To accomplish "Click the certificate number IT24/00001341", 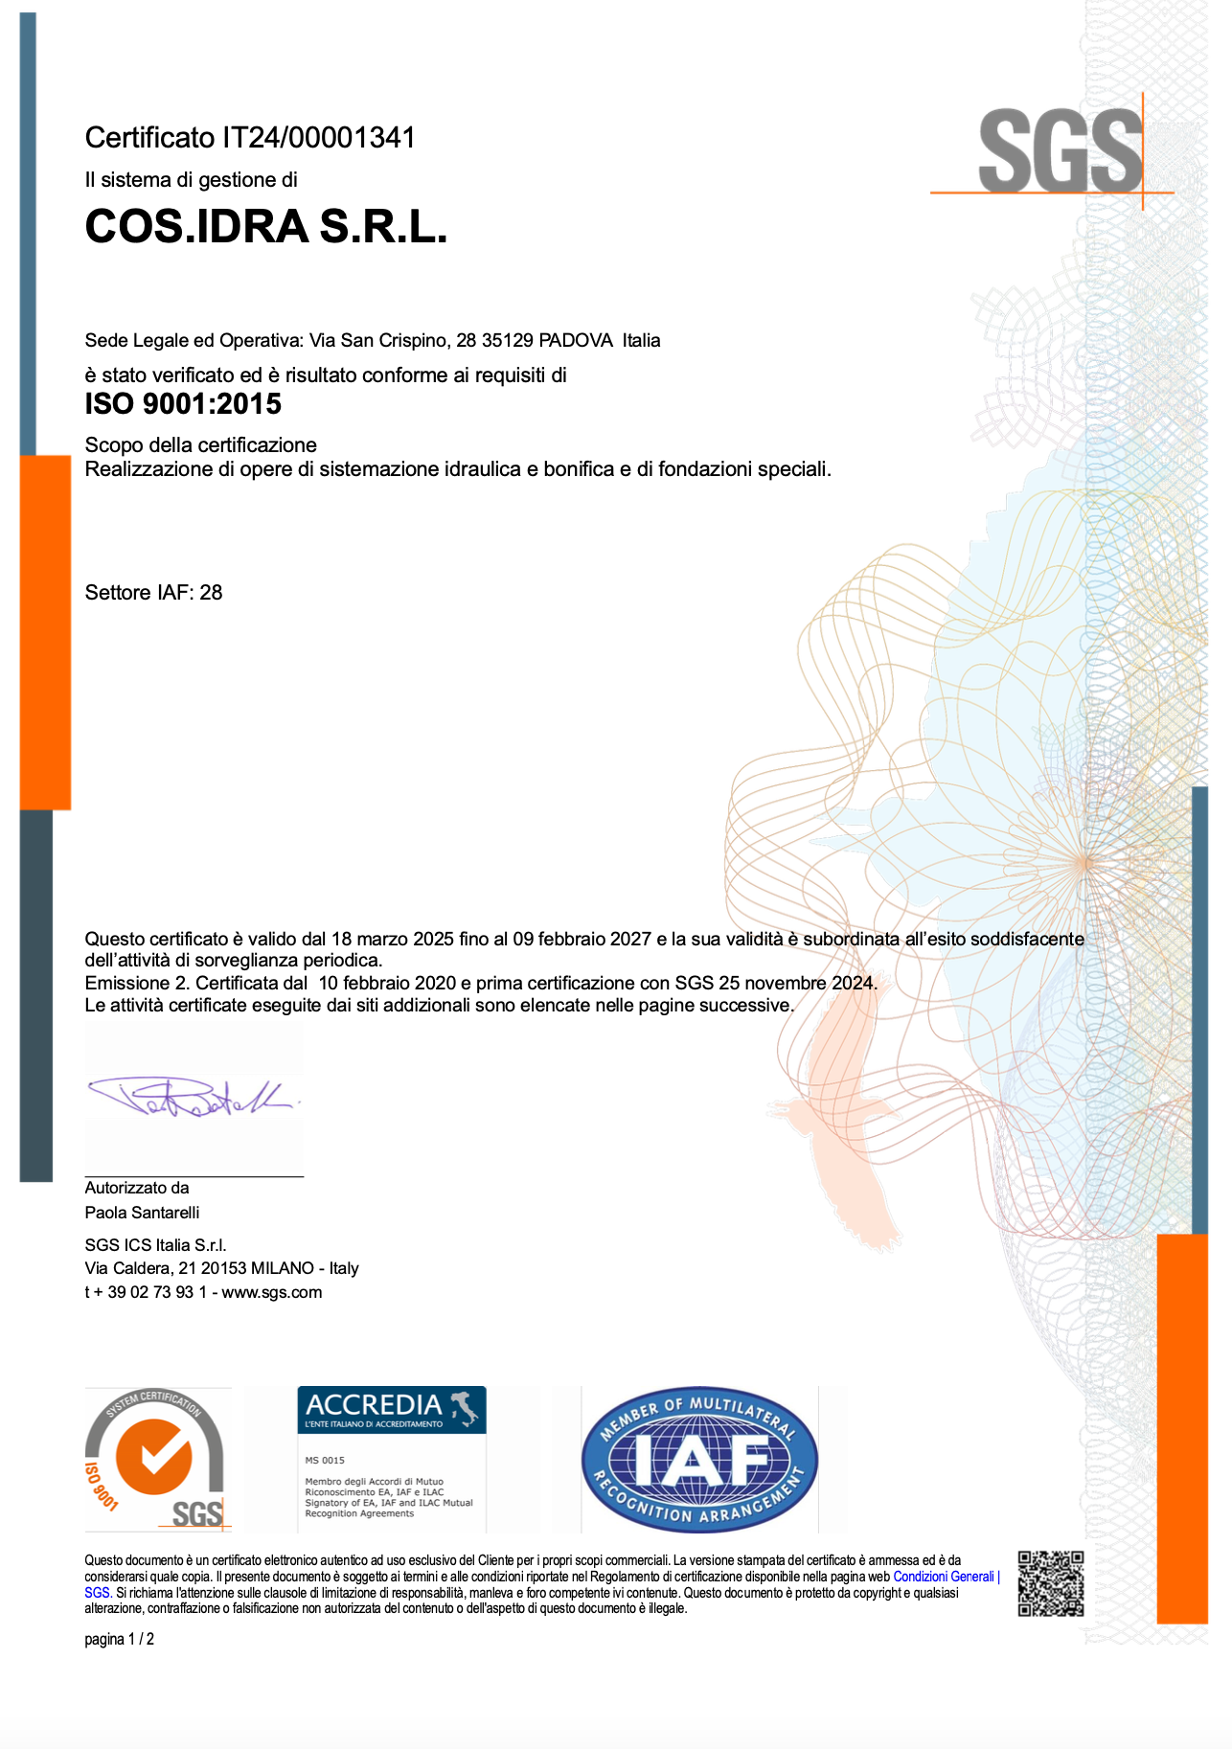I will pos(319,138).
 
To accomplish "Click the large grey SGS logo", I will pos(1061,151).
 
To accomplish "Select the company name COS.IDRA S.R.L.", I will pos(266,227).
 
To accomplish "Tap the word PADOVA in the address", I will pos(576,340).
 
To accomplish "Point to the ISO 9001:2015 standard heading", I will pos(183,404).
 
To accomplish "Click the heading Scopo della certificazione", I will pos(200,445).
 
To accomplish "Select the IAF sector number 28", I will pos(211,593).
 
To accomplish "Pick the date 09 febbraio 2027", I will pos(582,940).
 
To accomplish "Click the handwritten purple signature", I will pos(192,1098).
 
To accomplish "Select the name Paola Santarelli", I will pos(142,1213).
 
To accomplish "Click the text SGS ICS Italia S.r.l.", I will pos(155,1245).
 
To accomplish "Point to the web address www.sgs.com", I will pos(272,1292).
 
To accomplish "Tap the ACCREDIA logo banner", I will pos(391,1409).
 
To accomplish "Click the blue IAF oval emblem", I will pos(699,1459).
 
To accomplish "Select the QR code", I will pos(1050,1583).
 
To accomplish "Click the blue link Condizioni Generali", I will pos(945,1577).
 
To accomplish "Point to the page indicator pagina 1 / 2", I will pos(119,1640).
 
